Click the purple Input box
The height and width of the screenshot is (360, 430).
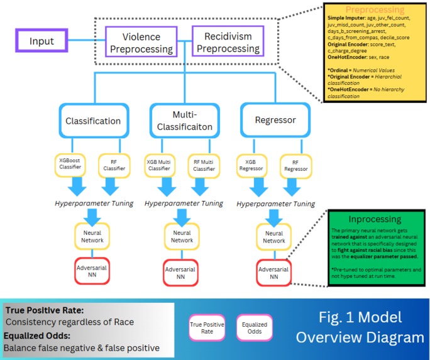click(41, 42)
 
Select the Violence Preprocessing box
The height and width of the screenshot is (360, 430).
click(146, 42)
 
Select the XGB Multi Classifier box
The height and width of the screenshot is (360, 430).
click(161, 165)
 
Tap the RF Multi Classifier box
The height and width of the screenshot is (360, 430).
click(204, 165)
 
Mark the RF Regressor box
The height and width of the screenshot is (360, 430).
click(296, 165)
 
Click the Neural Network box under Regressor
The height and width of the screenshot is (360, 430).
click(274, 237)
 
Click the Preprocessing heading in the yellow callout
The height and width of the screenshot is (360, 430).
click(375, 10)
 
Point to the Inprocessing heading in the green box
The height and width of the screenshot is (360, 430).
click(375, 219)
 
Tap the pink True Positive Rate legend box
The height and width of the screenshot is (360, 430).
click(207, 328)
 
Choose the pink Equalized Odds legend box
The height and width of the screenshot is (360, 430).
click(254, 328)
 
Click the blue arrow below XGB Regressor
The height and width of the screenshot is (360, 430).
click(253, 187)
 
